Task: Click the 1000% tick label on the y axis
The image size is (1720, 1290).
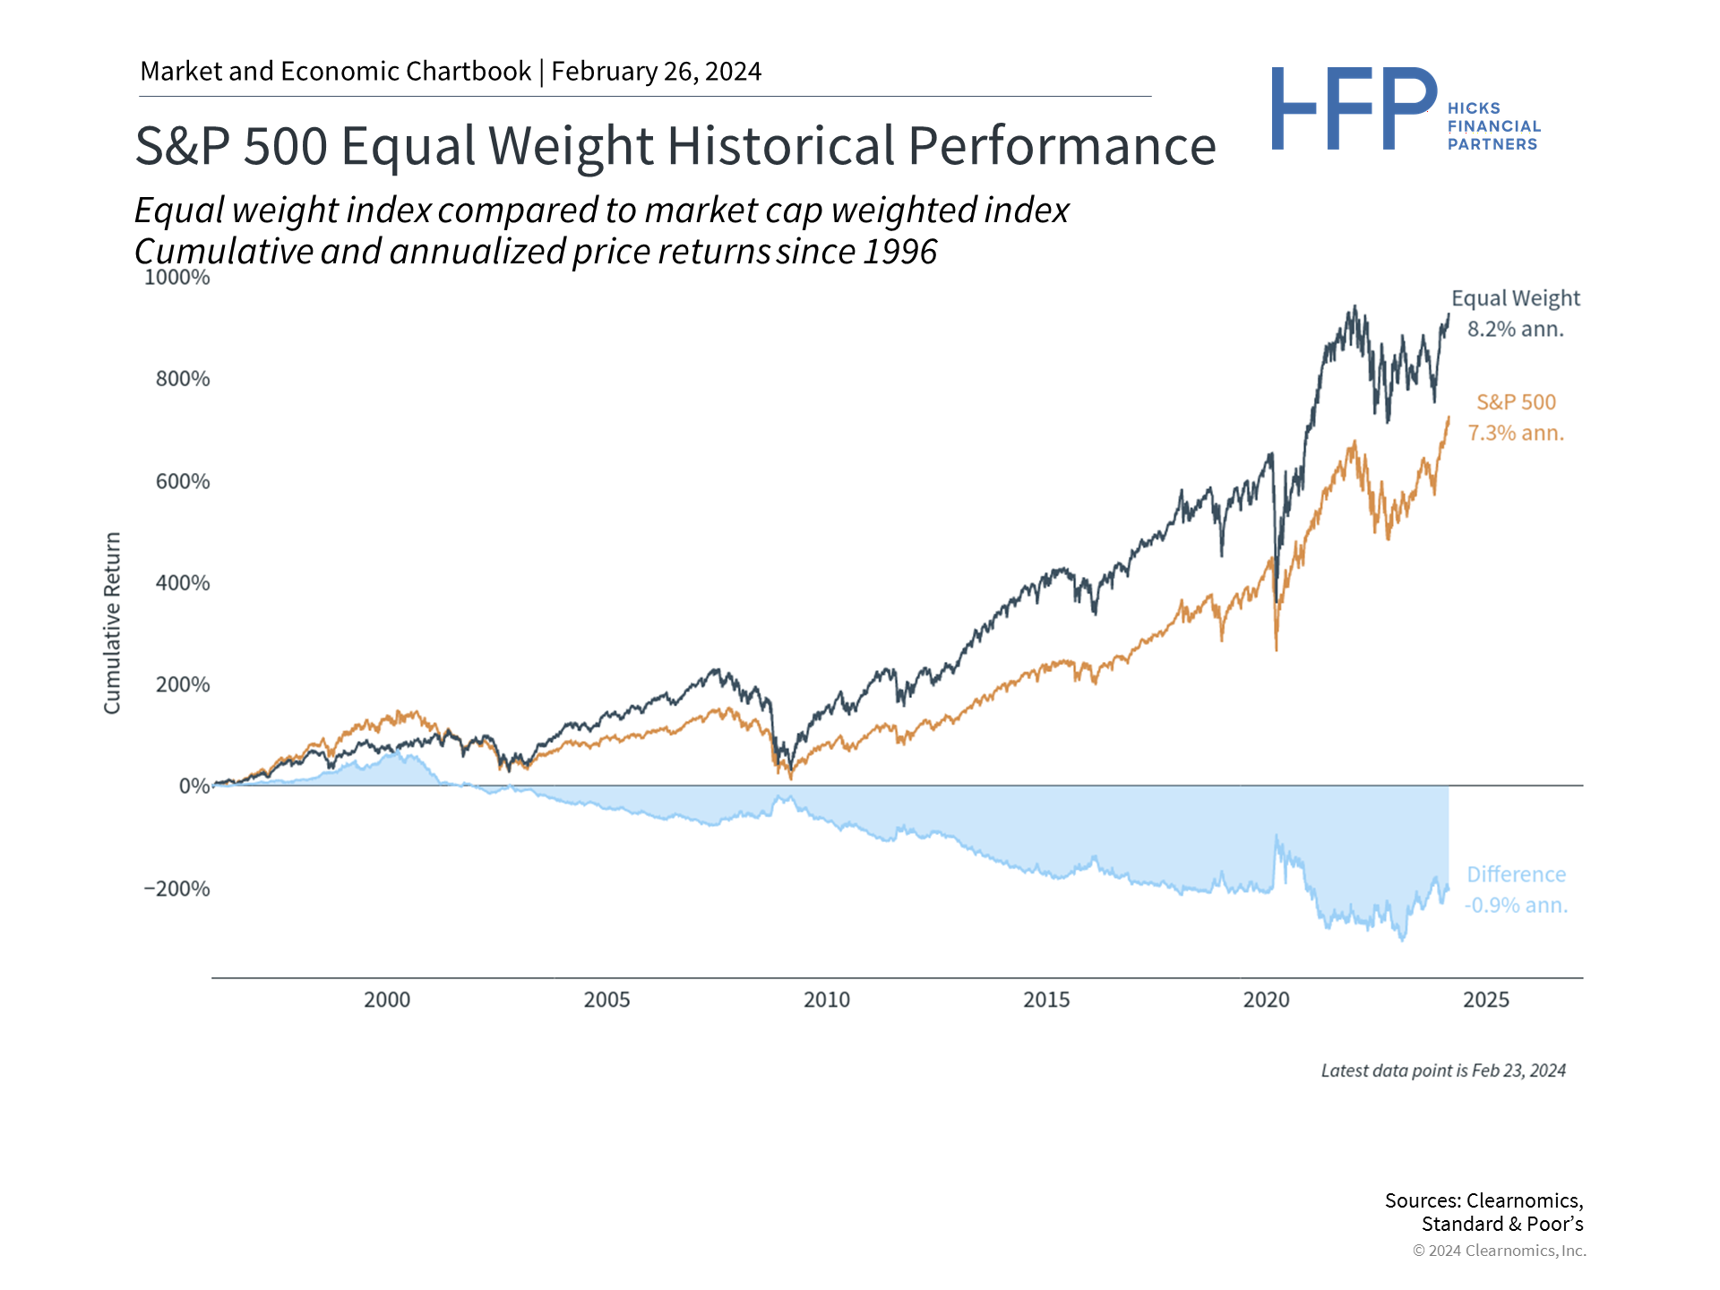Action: [177, 278]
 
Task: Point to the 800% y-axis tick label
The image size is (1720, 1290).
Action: [183, 379]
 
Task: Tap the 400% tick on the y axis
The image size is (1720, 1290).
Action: [183, 583]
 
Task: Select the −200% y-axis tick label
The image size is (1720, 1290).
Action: [176, 889]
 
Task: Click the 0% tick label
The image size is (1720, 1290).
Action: [194, 787]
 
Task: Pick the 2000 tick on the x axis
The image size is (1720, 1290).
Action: [387, 1000]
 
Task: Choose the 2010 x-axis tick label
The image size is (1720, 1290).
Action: [827, 1000]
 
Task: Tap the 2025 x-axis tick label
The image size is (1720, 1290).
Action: [1486, 1000]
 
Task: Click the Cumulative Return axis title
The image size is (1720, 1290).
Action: [112, 623]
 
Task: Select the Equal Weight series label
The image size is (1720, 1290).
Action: [1516, 298]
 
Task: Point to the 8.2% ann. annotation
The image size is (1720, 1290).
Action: [1516, 330]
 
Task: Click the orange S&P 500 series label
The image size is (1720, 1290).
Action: [1517, 402]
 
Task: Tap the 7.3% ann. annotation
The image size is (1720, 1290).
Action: [1516, 434]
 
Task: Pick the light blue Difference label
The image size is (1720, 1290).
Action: [1517, 874]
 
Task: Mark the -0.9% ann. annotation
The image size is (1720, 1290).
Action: [1516, 906]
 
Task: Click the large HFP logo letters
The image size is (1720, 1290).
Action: [1354, 109]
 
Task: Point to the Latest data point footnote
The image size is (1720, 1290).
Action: [1443, 1071]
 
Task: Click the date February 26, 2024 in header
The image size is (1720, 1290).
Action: [657, 72]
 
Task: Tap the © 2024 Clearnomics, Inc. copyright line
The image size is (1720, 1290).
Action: [1499, 1251]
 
